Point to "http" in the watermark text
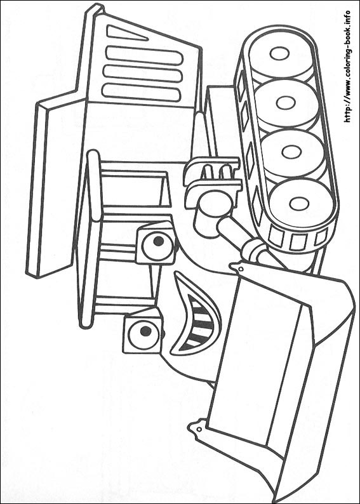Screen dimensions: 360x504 347,114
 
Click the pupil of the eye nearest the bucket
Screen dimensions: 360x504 145,331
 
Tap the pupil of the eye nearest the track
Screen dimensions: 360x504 159,241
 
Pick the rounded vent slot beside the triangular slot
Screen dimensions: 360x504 144,55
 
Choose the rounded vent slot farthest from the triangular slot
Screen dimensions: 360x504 141,91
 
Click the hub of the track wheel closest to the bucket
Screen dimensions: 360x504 299,204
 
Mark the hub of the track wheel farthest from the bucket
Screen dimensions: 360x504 279,53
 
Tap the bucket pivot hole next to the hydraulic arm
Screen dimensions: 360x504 241,269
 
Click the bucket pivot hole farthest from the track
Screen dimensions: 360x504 199,429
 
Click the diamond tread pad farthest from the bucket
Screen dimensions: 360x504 241,84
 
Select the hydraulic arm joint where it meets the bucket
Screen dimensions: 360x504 254,250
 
